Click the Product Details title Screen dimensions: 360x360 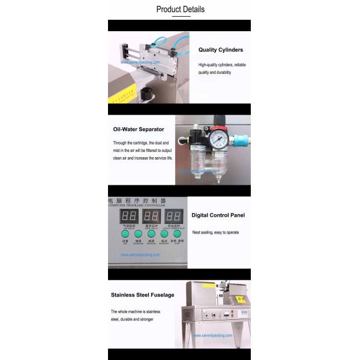click(x=180, y=9)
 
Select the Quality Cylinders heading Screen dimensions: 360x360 click(x=221, y=50)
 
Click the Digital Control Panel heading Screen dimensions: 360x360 click(x=218, y=215)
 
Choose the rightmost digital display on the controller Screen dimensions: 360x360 click(x=175, y=216)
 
